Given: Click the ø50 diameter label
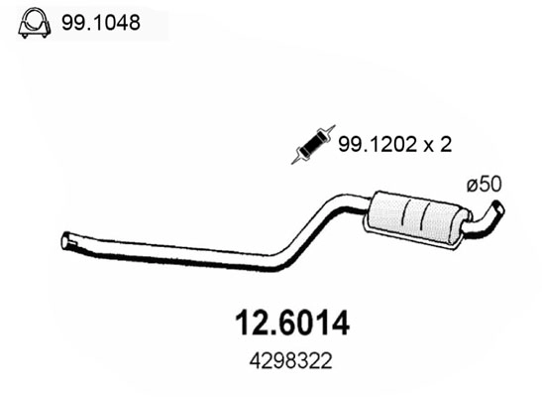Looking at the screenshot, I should [x=484, y=185].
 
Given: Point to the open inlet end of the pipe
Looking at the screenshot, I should [x=66, y=240].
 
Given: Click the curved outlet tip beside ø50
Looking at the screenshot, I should [x=495, y=210].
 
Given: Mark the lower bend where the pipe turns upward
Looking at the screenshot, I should [x=282, y=261].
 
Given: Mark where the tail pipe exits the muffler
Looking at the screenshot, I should [x=465, y=227].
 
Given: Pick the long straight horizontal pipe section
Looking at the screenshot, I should [x=168, y=252].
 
